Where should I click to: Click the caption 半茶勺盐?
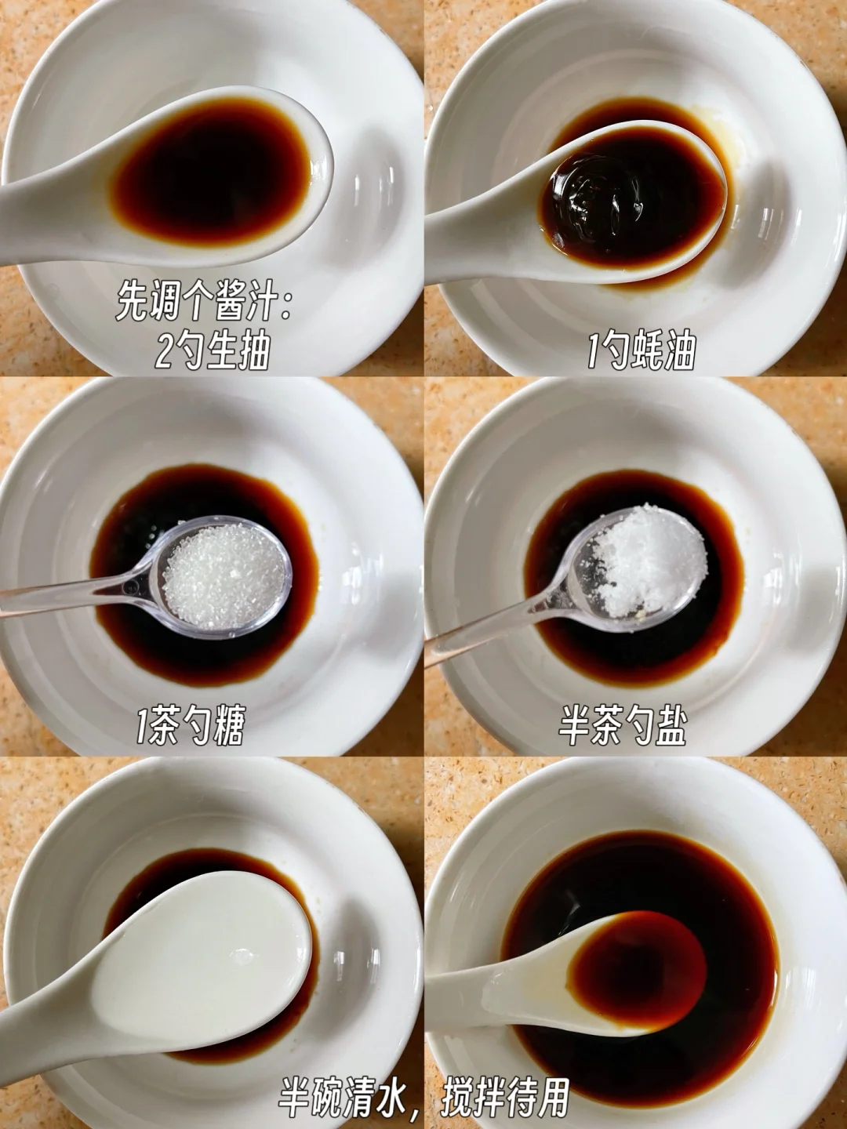tap(623, 726)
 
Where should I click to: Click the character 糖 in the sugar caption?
tap(227, 725)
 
